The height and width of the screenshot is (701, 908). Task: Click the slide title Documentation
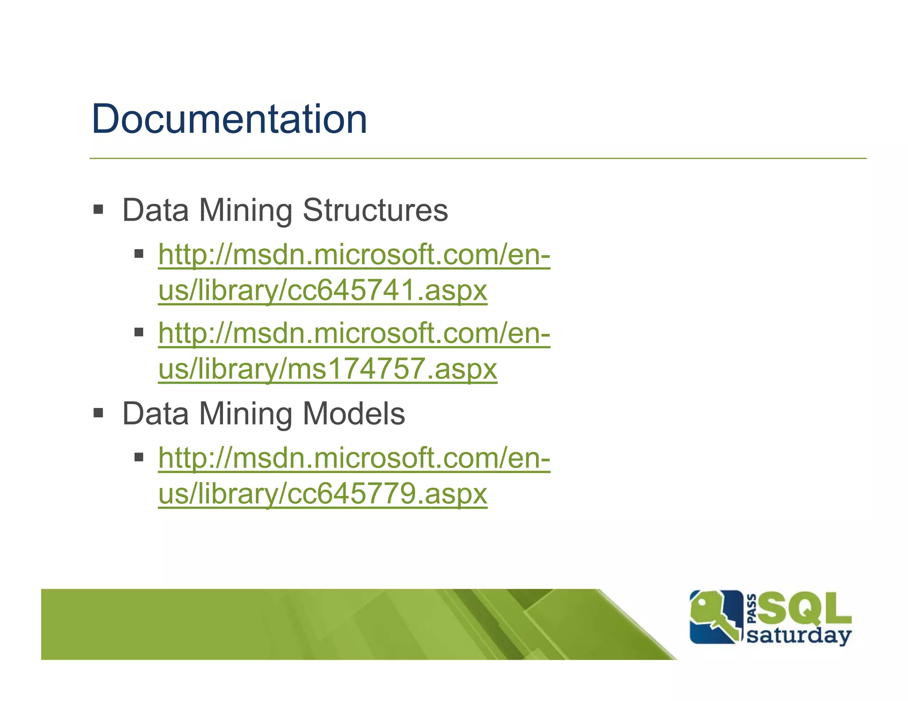[x=229, y=119]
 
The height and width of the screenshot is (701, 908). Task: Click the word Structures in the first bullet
[x=375, y=210]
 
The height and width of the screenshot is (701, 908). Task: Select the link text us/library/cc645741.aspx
[x=323, y=291]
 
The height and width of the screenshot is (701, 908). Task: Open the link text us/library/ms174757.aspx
[x=328, y=369]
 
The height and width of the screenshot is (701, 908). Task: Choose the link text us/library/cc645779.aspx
[x=323, y=494]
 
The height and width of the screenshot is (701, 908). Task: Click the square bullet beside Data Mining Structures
[x=98, y=209]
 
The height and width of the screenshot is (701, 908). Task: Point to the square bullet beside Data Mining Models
[x=98, y=413]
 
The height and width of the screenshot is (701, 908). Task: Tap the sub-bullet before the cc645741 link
[x=139, y=254]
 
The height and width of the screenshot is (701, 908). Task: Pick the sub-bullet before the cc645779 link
[x=139, y=457]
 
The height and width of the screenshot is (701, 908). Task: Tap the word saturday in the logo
[x=799, y=635]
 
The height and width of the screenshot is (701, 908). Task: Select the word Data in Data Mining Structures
[x=156, y=210]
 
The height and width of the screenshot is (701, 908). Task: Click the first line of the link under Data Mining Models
[x=354, y=458]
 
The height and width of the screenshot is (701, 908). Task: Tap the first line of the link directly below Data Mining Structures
[x=354, y=255]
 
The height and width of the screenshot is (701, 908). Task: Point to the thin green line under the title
[x=477, y=158]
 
